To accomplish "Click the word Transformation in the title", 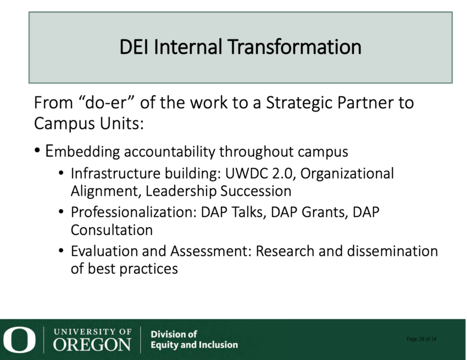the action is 294,47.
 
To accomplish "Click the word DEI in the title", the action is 134,47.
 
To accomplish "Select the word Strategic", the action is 299,103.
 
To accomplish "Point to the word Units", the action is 121,123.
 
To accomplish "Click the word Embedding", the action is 82,152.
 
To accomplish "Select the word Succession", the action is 255,191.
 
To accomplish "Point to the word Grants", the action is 325,213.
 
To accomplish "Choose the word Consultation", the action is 112,230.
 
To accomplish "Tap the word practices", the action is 149,269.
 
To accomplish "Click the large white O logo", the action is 19,340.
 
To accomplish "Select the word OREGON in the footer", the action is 92,345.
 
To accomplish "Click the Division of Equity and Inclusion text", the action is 194,340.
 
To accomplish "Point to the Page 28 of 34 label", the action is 421,339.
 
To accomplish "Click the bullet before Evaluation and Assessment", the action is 61,251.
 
